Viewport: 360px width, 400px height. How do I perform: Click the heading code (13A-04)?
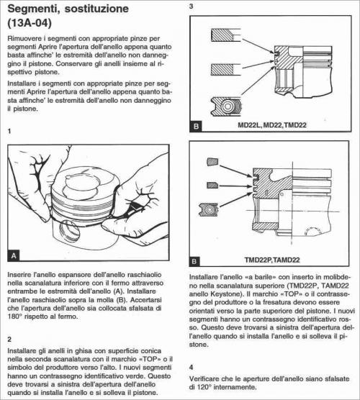pos(30,23)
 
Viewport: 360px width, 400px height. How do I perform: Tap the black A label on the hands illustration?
pos(14,255)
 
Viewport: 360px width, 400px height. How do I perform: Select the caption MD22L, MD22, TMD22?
pos(272,125)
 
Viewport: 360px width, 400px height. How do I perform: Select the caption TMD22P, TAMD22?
pos(272,260)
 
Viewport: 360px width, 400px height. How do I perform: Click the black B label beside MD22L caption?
pos(196,127)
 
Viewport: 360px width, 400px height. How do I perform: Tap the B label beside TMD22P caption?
pos(194,261)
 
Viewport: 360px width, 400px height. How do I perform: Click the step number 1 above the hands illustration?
pos(9,131)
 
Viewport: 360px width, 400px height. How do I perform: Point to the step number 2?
pos(9,340)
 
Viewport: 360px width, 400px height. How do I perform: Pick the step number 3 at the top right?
pos(192,6)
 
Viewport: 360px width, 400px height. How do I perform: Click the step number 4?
pos(192,368)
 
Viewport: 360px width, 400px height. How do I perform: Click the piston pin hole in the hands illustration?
pos(69,232)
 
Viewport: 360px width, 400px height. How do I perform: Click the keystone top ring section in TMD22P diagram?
pos(212,162)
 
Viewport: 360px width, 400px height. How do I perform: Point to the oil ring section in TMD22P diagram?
pos(209,209)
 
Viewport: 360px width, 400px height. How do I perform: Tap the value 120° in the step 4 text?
pos(204,387)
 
